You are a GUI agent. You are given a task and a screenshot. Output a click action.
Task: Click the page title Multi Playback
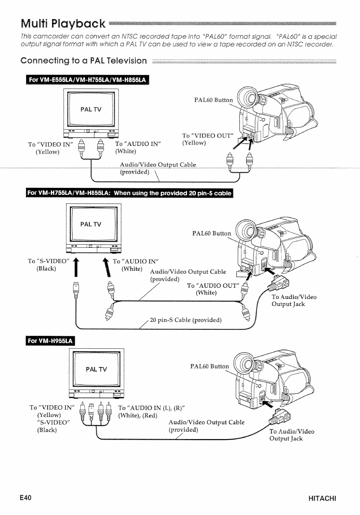click(x=61, y=22)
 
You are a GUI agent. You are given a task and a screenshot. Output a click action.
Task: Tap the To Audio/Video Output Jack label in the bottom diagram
click(x=291, y=435)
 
